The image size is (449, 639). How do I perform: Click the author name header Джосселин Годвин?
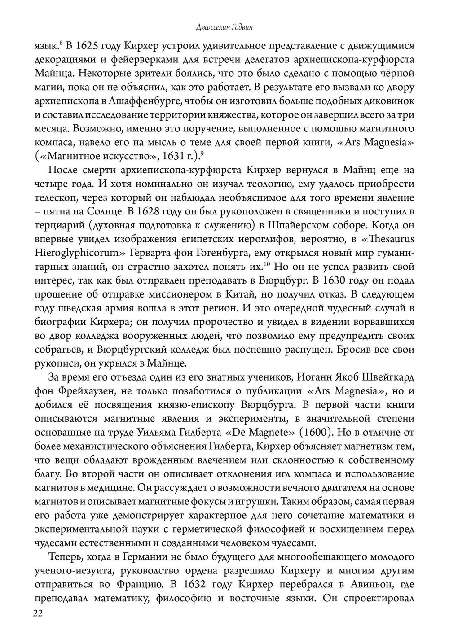coord(224,27)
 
